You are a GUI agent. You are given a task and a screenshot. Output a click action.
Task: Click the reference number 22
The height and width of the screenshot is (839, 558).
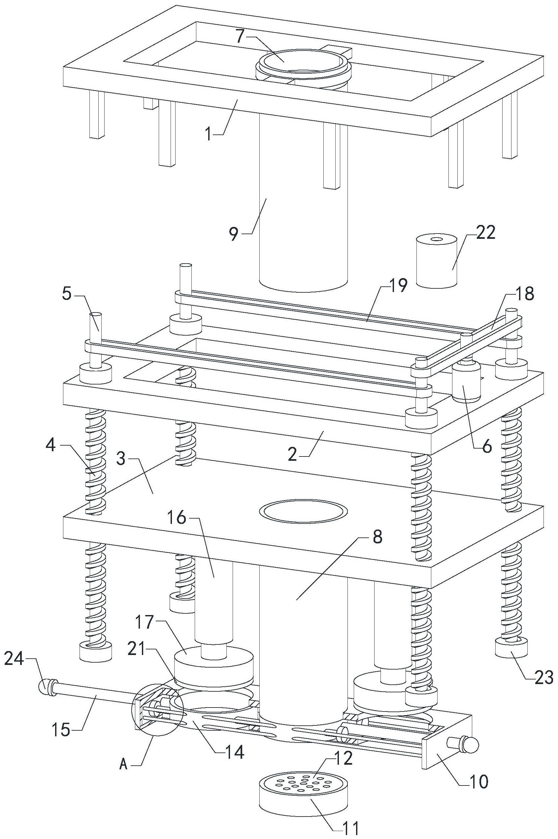point(485,233)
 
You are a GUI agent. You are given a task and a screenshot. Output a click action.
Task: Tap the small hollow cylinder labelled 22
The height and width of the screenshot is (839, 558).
point(437,264)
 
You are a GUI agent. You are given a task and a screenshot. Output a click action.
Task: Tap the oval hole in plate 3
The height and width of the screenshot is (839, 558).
point(303,512)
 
